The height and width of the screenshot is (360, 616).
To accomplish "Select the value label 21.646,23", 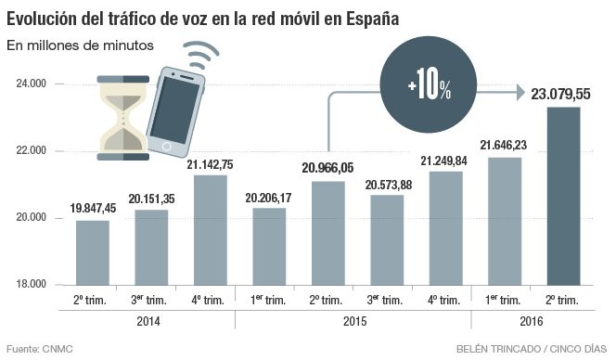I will click(x=504, y=145).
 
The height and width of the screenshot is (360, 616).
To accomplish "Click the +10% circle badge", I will click(x=429, y=89).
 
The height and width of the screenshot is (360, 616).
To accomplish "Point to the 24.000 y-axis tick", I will click(x=32, y=84).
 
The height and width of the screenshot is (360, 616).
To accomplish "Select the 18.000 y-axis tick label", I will click(x=32, y=285).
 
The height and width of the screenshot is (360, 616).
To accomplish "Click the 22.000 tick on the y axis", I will click(x=32, y=151).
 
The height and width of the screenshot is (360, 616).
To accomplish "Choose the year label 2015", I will click(x=353, y=321).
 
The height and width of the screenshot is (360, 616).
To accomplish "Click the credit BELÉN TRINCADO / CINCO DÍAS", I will click(x=532, y=350).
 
